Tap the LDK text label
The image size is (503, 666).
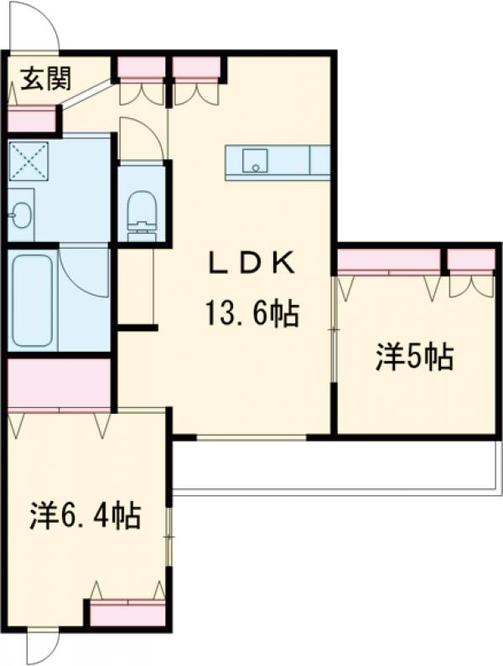click(x=251, y=264)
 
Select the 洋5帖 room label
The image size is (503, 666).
click(x=414, y=358)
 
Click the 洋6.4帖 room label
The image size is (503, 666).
click(x=86, y=514)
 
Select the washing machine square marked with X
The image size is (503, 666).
click(x=29, y=160)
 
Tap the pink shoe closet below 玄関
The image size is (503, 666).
click(x=31, y=120)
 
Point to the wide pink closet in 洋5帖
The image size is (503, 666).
click(x=389, y=261)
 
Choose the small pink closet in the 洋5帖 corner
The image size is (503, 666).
click(x=470, y=261)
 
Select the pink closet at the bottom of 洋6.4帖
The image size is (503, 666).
click(x=127, y=613)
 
